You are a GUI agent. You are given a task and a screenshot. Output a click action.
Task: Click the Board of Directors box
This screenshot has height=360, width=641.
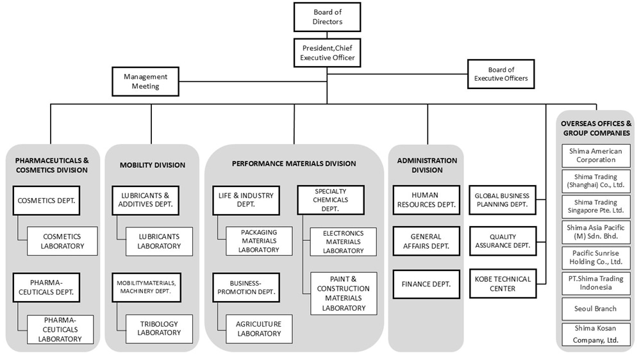tap(328, 17)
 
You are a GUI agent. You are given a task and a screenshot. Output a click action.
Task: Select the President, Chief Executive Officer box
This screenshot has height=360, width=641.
tap(328, 53)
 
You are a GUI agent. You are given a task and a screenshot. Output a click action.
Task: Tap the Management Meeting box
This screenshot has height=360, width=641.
tap(146, 81)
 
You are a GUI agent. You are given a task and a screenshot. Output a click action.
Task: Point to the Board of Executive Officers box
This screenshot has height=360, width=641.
tap(501, 74)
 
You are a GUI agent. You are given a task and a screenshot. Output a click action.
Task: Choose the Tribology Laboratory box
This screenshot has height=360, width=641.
tap(159, 329)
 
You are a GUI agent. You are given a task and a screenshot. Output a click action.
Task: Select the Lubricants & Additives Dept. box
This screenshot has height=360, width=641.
tap(146, 200)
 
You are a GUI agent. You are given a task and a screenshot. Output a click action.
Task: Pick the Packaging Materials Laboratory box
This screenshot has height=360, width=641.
tap(259, 241)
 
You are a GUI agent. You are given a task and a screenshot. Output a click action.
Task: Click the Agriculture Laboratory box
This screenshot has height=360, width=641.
tap(259, 329)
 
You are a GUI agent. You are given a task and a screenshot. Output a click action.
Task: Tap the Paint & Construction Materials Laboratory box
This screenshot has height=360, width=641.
tap(344, 293)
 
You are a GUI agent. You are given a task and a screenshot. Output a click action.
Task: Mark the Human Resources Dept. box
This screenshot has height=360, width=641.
tap(426, 200)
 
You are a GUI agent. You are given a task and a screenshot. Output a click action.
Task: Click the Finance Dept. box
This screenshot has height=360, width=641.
tap(426, 284)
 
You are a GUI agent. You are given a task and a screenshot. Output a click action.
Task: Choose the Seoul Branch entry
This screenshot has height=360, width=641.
tap(596, 309)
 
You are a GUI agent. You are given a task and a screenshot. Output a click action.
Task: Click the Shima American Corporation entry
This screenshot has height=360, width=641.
tap(596, 156)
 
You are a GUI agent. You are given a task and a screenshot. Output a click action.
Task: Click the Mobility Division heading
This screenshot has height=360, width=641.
tap(153, 165)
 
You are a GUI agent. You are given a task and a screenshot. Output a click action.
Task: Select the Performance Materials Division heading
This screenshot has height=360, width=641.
tap(294, 163)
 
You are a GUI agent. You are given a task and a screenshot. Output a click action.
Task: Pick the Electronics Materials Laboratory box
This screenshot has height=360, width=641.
tap(344, 241)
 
